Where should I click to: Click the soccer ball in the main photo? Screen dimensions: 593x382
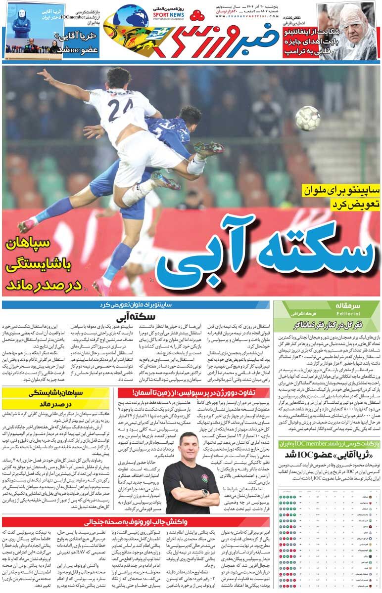pos(307,118)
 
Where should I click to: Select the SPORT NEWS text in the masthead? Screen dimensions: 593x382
pos(169,15)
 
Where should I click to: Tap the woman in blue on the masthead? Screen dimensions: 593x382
pos(22,25)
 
